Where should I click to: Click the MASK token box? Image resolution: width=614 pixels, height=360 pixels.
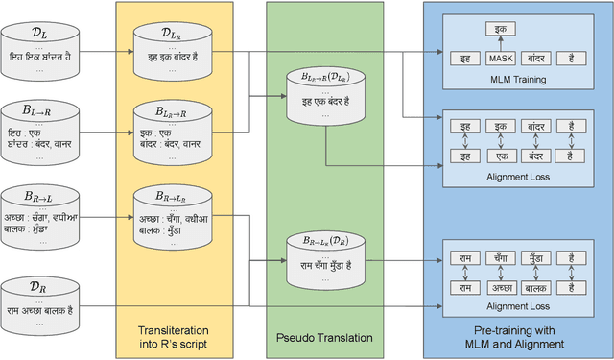[501, 59]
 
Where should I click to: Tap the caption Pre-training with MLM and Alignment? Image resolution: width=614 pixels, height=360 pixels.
[518, 337]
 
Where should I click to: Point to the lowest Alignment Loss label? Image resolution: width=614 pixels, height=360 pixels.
[518, 307]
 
